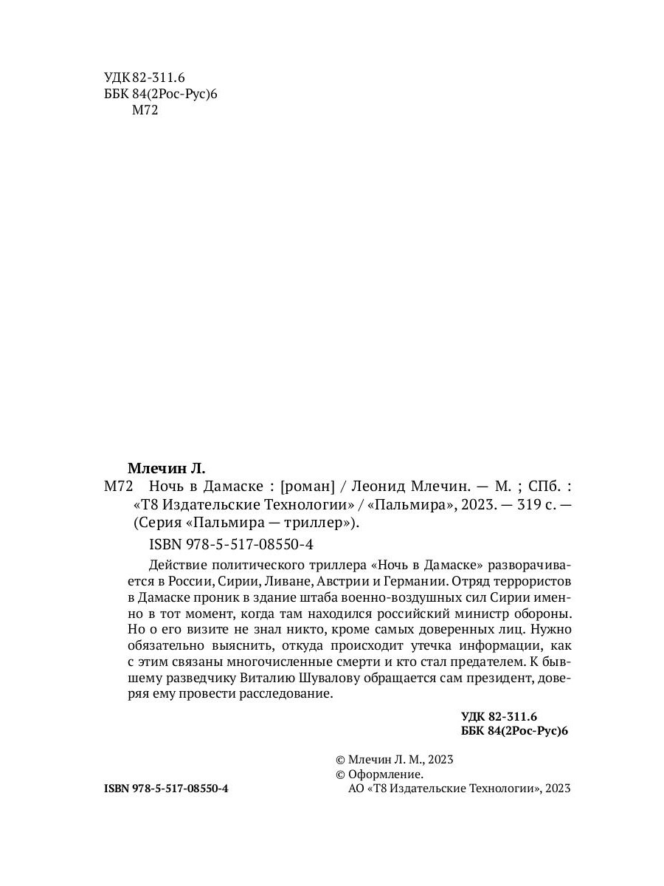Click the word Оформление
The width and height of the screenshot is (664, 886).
coord(386,775)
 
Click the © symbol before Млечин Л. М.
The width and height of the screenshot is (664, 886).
coord(340,759)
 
